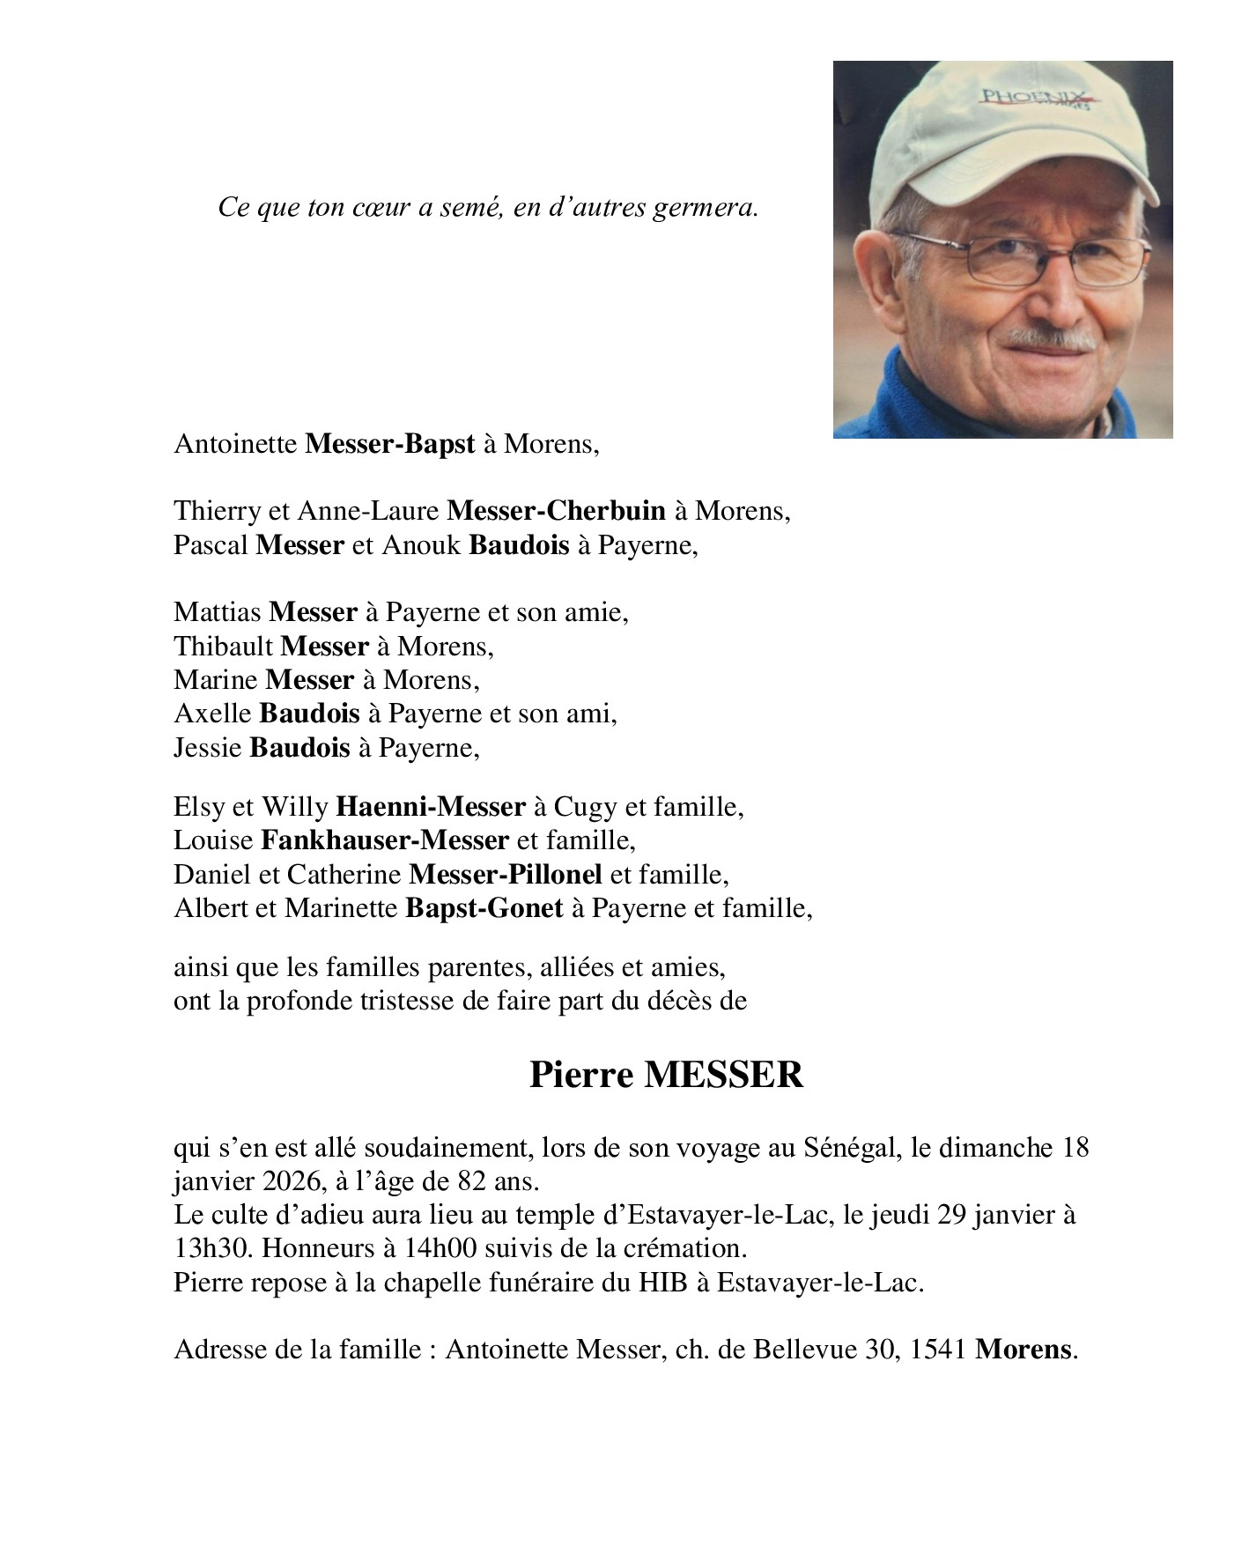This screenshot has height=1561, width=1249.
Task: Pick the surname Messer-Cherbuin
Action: [x=556, y=511]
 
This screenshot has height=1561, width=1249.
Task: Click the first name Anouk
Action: [x=421, y=545]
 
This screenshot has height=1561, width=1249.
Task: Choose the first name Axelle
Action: [x=212, y=714]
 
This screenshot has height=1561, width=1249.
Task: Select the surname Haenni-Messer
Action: [x=431, y=807]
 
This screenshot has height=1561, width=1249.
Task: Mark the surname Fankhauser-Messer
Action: [x=384, y=840]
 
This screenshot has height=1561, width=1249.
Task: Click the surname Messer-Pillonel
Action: [x=506, y=875]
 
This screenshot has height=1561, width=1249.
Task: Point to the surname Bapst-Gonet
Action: [x=484, y=908]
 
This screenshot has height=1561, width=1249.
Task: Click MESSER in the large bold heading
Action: [x=723, y=1076]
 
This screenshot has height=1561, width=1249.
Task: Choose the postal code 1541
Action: [x=938, y=1350]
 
